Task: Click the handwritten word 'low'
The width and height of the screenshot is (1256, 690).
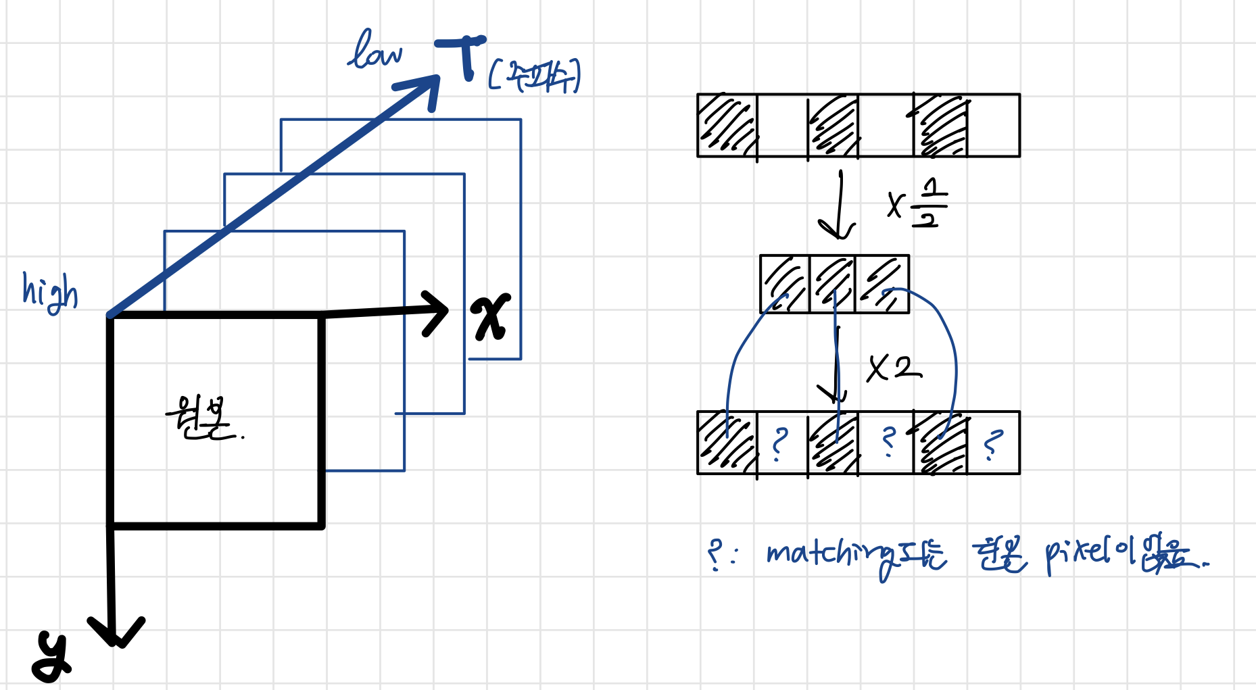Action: (x=376, y=51)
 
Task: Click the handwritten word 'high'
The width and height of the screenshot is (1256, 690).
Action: (x=50, y=292)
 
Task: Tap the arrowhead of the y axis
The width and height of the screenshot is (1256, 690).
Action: (x=116, y=631)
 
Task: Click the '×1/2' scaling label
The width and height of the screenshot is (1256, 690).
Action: (x=918, y=203)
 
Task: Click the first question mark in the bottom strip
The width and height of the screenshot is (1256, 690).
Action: (x=780, y=444)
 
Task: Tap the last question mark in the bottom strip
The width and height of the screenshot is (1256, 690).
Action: (x=992, y=445)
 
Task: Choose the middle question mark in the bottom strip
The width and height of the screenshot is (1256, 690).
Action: (x=889, y=443)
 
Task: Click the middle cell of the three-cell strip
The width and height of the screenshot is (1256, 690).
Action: (x=832, y=284)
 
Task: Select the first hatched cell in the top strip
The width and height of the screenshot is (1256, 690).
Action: (x=727, y=126)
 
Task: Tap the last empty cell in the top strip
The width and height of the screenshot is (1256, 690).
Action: (x=992, y=126)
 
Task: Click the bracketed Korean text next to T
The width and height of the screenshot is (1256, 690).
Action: (x=534, y=76)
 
